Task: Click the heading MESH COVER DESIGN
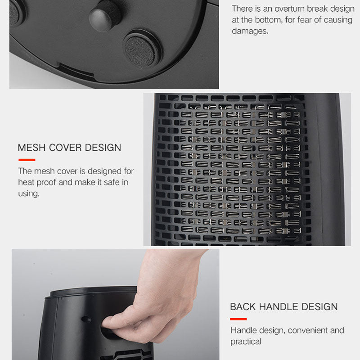tap(69, 148)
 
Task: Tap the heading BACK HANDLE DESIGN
tap(284, 307)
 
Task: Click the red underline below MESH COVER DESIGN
tap(27, 160)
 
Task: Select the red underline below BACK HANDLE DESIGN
tap(238, 319)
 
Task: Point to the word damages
tap(250, 31)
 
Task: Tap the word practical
tap(246, 342)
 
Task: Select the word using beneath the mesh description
tap(29, 193)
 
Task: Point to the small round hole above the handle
tap(86, 319)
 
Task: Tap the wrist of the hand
tap(175, 260)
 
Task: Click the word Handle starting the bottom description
tap(244, 330)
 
